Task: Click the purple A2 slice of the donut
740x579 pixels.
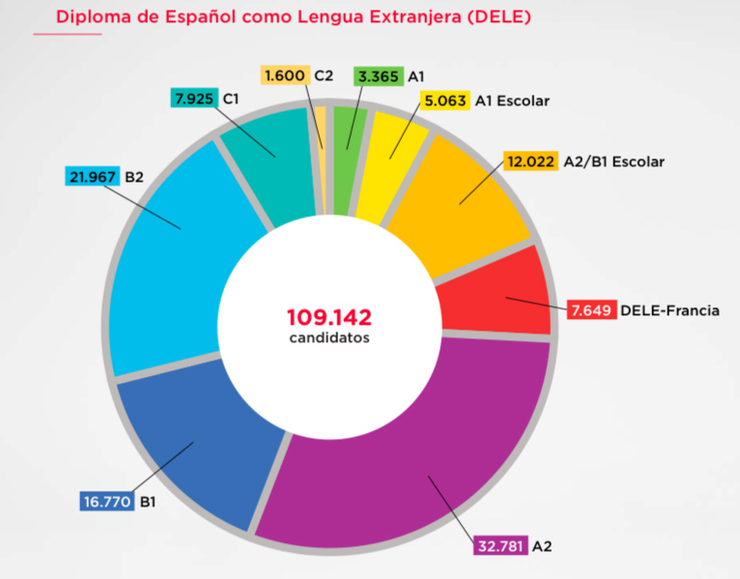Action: (x=415, y=454)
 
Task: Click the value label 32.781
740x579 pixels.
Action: (x=499, y=546)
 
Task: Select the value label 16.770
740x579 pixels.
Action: (x=107, y=502)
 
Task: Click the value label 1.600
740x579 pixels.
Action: (x=285, y=75)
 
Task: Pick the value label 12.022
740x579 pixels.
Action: (x=530, y=161)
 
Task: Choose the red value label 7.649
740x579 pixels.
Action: (x=590, y=310)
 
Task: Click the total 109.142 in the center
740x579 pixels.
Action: (x=328, y=316)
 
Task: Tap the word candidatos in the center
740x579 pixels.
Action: (x=328, y=338)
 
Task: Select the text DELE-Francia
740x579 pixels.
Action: (x=669, y=310)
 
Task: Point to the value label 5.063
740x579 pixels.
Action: (x=445, y=100)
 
